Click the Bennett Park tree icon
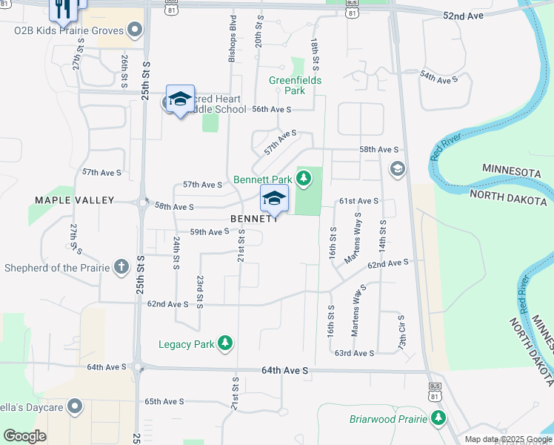tap(304, 177)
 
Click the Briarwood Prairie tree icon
tap(439, 418)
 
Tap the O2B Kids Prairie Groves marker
tap(135, 30)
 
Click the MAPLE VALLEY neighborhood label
tap(75, 200)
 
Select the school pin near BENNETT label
tap(273, 200)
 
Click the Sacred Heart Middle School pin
tap(180, 99)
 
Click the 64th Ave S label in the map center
tap(284, 370)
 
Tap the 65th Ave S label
tap(164, 401)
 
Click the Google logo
tap(24, 436)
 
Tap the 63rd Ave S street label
tap(354, 353)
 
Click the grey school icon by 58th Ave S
tap(397, 169)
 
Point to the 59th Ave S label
tap(210, 231)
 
